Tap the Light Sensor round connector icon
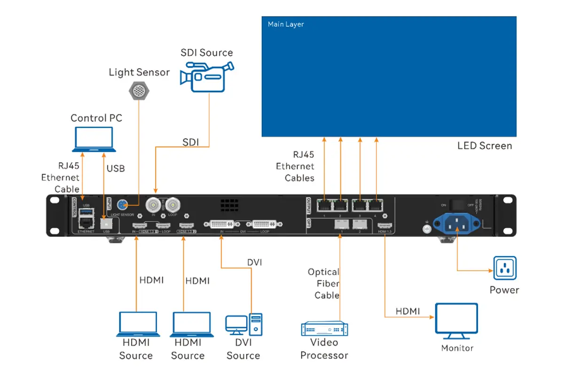point(139,89)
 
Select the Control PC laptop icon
point(94,140)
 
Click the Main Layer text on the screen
point(286,24)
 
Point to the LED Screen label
point(485,146)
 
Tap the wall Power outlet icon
point(504,268)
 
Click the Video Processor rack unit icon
point(324,328)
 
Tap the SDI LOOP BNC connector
point(173,205)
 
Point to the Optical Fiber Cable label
point(323,283)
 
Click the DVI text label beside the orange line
point(254,262)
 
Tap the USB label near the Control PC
point(116,168)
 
